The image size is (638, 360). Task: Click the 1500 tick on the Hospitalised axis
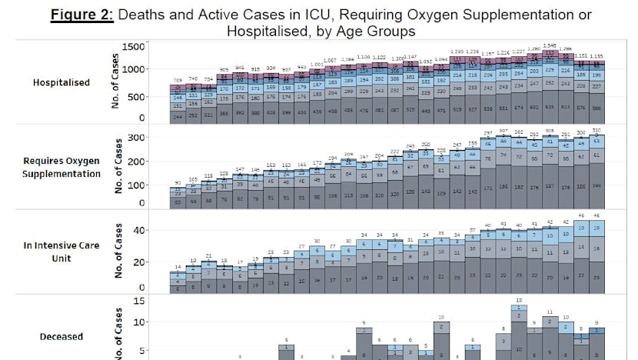134,48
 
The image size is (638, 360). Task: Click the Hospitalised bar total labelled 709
178,80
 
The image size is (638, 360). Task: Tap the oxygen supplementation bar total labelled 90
178,183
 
